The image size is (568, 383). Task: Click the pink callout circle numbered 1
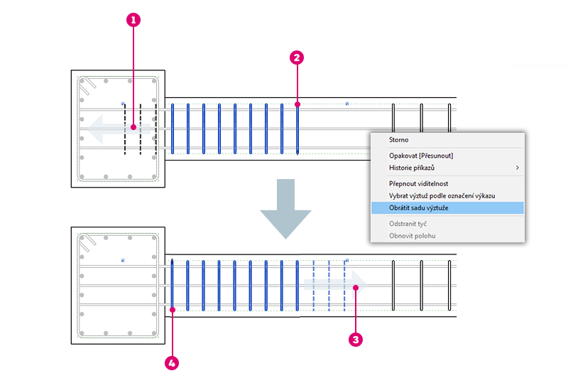click(x=133, y=21)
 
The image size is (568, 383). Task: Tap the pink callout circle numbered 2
click(x=297, y=58)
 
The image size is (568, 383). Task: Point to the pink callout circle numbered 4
click(x=171, y=362)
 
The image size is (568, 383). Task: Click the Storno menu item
click(x=399, y=140)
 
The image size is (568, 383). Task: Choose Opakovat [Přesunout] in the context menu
click(x=421, y=156)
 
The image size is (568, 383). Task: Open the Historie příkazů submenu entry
click(x=412, y=168)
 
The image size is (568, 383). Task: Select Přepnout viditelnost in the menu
click(x=418, y=183)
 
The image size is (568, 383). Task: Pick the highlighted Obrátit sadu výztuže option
click(x=418, y=207)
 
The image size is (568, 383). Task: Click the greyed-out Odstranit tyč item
click(x=408, y=223)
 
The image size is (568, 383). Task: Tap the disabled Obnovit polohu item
click(x=412, y=235)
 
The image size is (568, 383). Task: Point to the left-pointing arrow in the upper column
click(x=106, y=129)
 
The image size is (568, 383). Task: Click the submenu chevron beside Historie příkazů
click(x=517, y=168)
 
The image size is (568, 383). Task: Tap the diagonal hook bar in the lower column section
click(x=88, y=244)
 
